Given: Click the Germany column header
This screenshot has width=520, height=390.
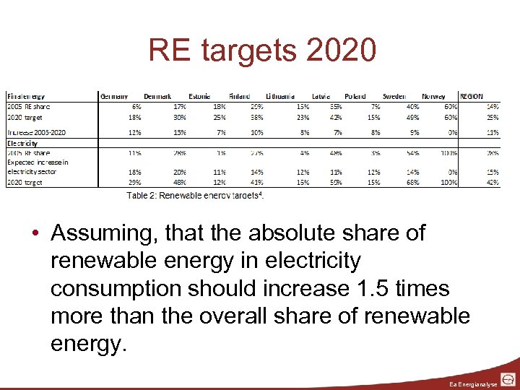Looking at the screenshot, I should click(114, 96).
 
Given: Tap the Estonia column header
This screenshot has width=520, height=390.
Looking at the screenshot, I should click(199, 96).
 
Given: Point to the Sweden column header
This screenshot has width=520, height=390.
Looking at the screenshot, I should click(394, 96).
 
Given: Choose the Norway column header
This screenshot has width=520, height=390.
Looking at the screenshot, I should click(433, 96).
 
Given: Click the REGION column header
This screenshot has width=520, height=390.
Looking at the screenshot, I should click(471, 96).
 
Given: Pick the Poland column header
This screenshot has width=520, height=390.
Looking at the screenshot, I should click(355, 96).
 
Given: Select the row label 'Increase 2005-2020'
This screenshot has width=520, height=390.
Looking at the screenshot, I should click(35, 132).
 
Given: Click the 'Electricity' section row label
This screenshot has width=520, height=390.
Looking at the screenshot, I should click(22, 143).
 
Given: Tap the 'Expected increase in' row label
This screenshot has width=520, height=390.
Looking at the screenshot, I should click(38, 162).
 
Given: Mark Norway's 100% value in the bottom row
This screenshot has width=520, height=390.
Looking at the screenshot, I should click(449, 183).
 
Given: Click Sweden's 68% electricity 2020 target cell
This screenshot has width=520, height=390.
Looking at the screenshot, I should click(412, 183).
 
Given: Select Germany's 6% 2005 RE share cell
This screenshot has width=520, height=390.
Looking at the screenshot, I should click(137, 105).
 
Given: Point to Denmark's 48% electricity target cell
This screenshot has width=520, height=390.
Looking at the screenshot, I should click(180, 183).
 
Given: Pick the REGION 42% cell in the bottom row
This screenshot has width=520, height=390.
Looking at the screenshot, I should click(492, 183).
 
